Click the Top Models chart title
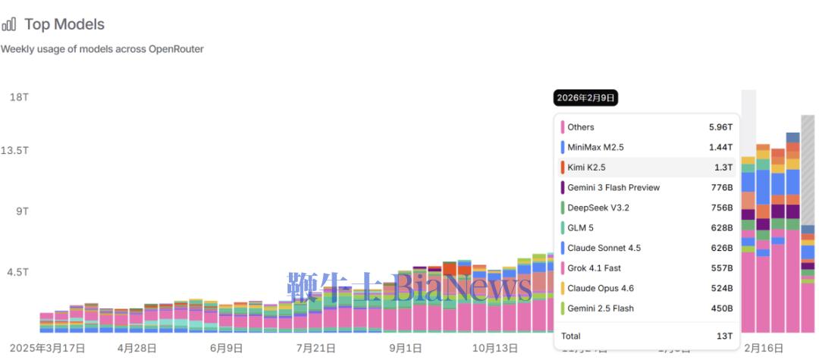click(x=64, y=24)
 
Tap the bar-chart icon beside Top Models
click(x=9, y=25)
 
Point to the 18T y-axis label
click(x=19, y=98)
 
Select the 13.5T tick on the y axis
click(x=14, y=150)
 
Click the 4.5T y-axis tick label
click(x=18, y=272)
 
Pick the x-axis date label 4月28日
click(x=137, y=348)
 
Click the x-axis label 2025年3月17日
click(x=47, y=348)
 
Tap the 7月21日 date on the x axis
click(x=315, y=348)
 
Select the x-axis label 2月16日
click(x=764, y=348)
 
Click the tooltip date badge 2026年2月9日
click(x=586, y=98)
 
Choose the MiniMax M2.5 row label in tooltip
click(x=595, y=147)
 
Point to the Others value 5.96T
click(x=720, y=127)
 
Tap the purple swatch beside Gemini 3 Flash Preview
click(x=563, y=187)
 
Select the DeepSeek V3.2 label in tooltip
click(x=598, y=208)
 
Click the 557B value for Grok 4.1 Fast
click(x=720, y=268)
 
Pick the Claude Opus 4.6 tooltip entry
click(x=601, y=288)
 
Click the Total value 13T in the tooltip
click(x=724, y=336)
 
